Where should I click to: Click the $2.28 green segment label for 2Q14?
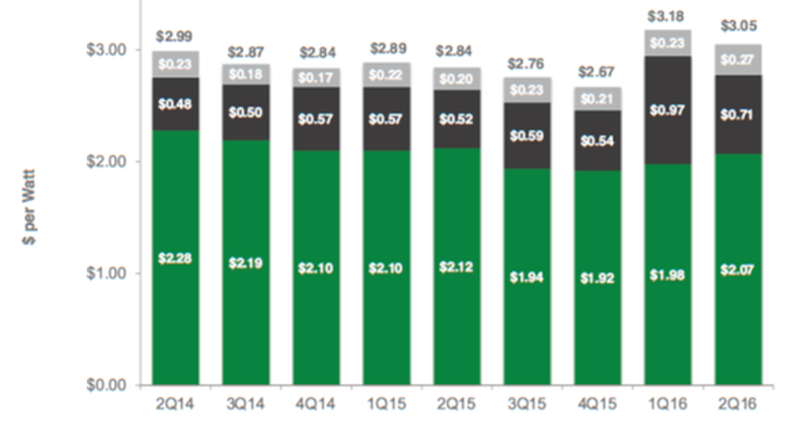pyautogui.click(x=175, y=258)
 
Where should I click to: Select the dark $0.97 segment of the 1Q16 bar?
pyautogui.click(x=668, y=110)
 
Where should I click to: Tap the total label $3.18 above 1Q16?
pyautogui.click(x=668, y=16)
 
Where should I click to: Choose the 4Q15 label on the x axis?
pyautogui.click(x=598, y=404)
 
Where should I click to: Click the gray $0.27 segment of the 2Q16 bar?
pyautogui.click(x=738, y=59)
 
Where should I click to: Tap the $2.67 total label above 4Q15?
pyautogui.click(x=598, y=73)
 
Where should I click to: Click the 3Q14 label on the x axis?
pyautogui.click(x=245, y=404)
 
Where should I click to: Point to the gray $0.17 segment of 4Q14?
pyautogui.click(x=316, y=78)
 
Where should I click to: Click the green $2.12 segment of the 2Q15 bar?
pyautogui.click(x=457, y=266)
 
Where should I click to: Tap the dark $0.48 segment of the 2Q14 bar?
pyautogui.click(x=175, y=104)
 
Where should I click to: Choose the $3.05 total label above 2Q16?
pyautogui.click(x=738, y=27)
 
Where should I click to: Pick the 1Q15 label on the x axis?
pyautogui.click(x=387, y=404)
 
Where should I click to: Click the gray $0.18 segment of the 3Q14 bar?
pyautogui.click(x=245, y=74)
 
